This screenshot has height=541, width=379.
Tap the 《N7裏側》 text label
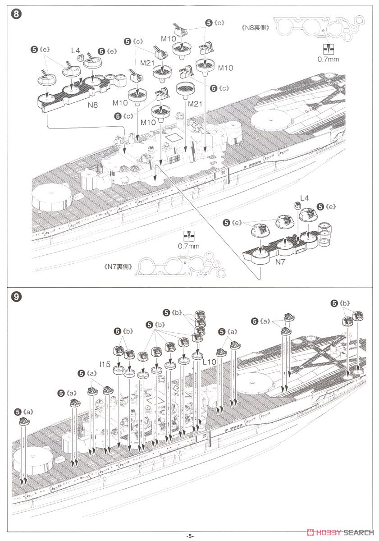click(x=119, y=266)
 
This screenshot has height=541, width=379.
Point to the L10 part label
click(x=210, y=362)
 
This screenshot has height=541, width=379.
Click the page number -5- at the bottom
click(x=190, y=536)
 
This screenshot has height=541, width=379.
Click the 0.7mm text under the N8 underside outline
click(x=328, y=59)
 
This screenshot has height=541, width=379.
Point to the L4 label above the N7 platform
click(x=305, y=198)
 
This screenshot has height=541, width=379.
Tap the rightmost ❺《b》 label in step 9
click(x=340, y=303)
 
